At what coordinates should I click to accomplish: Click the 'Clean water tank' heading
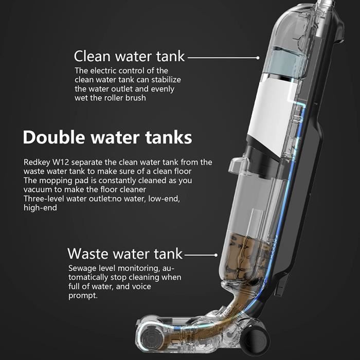(129, 56)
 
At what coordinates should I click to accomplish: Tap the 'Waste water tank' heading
(125, 254)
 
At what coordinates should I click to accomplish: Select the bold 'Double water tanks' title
(107, 137)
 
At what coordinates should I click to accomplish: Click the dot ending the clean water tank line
(258, 58)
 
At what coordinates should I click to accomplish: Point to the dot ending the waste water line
(215, 255)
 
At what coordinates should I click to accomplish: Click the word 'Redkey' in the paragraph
(37, 163)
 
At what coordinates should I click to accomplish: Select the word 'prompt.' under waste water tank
(83, 296)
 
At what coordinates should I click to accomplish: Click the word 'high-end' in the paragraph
(40, 208)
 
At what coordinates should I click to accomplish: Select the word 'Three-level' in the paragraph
(44, 199)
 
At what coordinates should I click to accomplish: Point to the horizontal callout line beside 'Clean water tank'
(222, 58)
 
